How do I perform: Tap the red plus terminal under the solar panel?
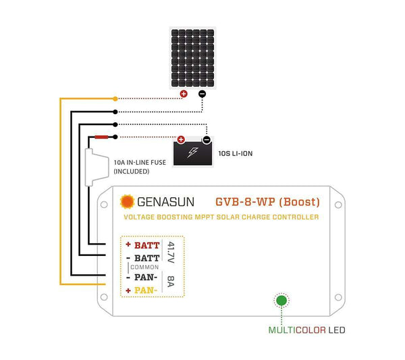click(x=183, y=94)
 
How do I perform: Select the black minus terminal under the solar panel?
click(x=202, y=94)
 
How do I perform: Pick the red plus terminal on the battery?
click(x=181, y=140)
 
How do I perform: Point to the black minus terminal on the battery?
click(x=206, y=140)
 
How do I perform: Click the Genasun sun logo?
click(x=126, y=201)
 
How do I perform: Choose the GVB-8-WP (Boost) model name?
click(x=267, y=201)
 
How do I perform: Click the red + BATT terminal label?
click(x=143, y=245)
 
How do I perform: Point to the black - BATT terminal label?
click(x=143, y=258)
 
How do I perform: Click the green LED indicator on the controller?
click(x=281, y=301)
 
